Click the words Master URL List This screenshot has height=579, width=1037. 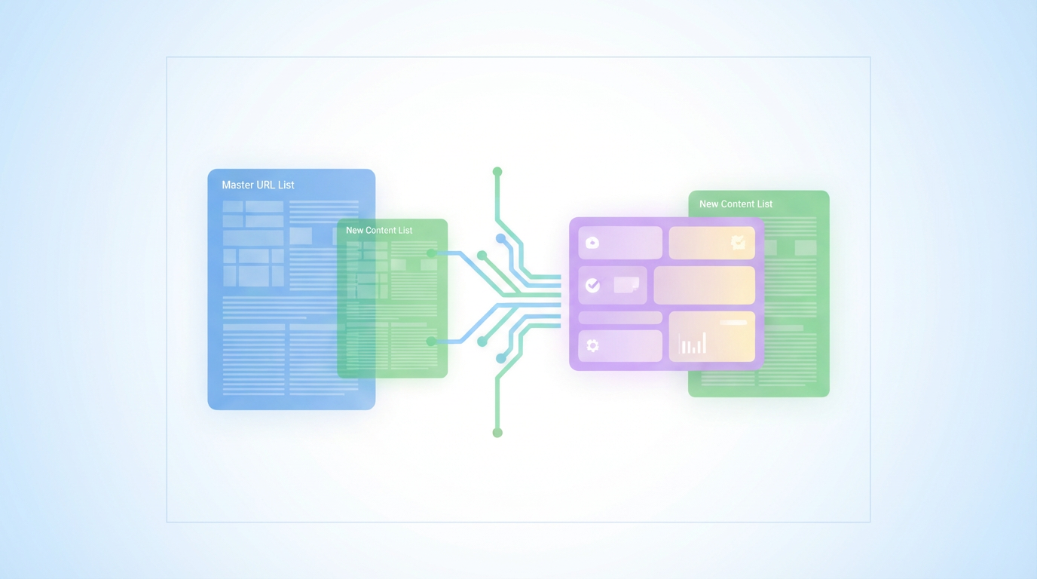tap(258, 185)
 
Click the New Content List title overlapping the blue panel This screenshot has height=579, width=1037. tap(379, 230)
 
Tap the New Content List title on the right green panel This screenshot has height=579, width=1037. tap(736, 204)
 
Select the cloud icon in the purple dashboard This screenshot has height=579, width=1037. tap(592, 243)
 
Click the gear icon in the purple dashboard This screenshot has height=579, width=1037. tap(592, 345)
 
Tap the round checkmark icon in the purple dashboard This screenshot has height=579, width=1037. tap(593, 285)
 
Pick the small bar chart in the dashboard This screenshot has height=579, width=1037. tap(693, 344)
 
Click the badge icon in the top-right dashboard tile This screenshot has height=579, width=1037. tap(738, 242)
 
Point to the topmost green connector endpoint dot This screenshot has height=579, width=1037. tap(497, 172)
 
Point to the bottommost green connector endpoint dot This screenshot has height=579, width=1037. tap(497, 433)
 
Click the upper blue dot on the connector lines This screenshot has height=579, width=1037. tap(500, 238)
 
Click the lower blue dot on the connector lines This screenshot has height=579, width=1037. tap(500, 358)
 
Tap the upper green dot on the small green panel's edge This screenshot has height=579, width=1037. tap(432, 253)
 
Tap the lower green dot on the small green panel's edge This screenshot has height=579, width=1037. tap(431, 342)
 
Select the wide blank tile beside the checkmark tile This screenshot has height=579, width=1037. tap(704, 285)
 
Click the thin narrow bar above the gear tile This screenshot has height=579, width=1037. tap(619, 318)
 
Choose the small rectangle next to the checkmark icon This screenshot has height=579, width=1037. tap(626, 284)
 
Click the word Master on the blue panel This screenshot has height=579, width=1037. tap(237, 185)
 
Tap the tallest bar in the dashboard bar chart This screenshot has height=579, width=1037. tap(705, 342)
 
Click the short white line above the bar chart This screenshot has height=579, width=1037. tap(733, 323)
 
